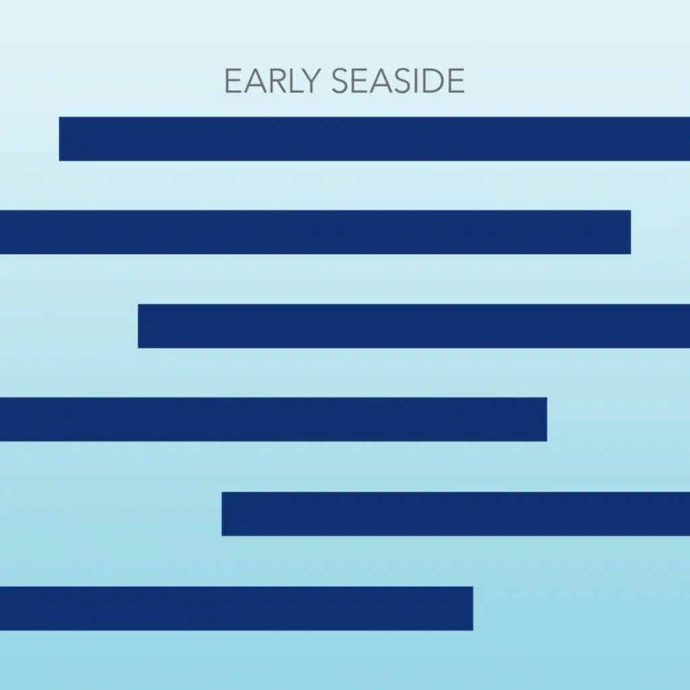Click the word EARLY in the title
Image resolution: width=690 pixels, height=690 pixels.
click(274, 82)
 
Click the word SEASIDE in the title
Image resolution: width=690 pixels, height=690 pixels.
click(398, 82)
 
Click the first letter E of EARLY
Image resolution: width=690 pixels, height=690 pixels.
click(232, 82)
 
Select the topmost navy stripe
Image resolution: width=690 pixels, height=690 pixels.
click(375, 139)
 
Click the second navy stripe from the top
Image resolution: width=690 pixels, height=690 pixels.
click(315, 232)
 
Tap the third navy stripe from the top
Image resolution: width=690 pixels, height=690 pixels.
click(414, 326)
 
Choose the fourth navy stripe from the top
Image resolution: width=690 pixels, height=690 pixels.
click(273, 419)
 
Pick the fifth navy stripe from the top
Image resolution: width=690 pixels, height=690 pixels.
click(456, 513)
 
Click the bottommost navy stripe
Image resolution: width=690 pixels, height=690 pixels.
click(236, 608)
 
